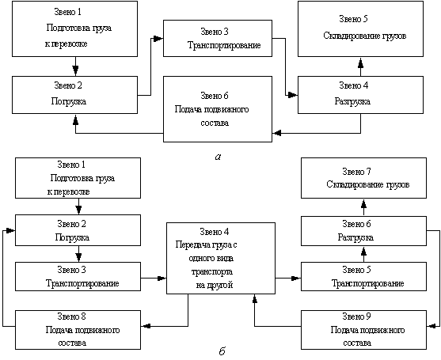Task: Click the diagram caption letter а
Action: [217, 157]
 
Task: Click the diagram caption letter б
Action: [222, 351]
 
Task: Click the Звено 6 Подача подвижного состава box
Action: [218, 109]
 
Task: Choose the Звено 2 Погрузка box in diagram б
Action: [78, 230]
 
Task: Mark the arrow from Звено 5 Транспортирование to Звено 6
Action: [364, 253]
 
